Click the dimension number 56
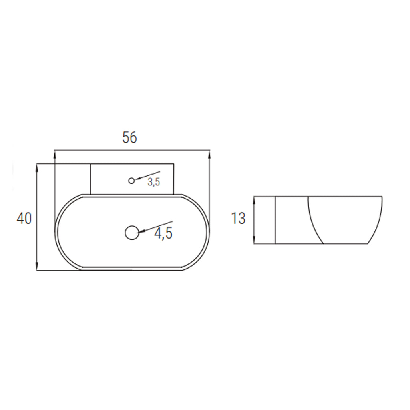[x=129, y=137]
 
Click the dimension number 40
[x=24, y=219]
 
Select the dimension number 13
[x=238, y=219]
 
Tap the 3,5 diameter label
[x=154, y=182]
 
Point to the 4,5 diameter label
[x=163, y=233]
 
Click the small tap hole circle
[x=131, y=181]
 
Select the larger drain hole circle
[x=132, y=232]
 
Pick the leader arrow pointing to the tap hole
[x=147, y=175]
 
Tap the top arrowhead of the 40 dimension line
[x=37, y=167]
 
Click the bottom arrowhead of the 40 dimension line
[x=37, y=267]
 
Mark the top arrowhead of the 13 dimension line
[x=255, y=199]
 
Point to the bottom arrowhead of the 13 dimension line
[x=255, y=240]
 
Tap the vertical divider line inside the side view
[x=275, y=220]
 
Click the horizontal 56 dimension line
[x=132, y=151]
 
